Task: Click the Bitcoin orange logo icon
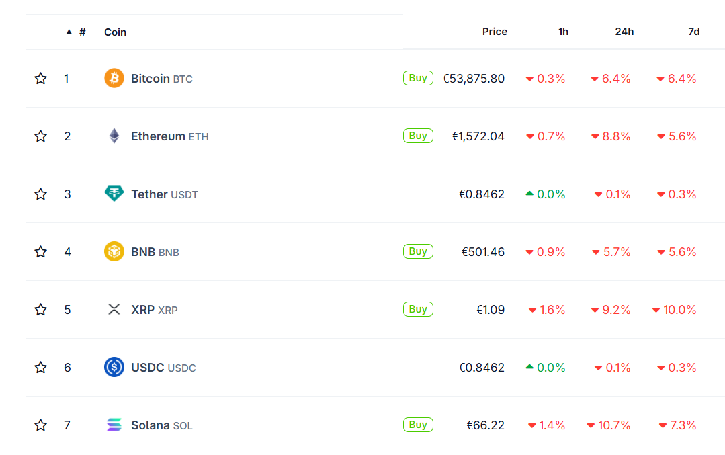coord(114,79)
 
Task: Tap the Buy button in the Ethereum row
coord(418,136)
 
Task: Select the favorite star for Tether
coord(41,194)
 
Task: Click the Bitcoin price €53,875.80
coord(474,79)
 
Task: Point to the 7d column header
coord(694,32)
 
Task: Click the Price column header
coord(495,32)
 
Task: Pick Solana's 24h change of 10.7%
coord(609,425)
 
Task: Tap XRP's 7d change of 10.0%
coord(675,310)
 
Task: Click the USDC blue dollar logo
coord(114,367)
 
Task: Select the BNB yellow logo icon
coord(114,252)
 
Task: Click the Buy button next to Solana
coord(418,425)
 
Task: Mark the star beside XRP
coord(41,310)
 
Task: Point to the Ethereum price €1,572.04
coord(478,136)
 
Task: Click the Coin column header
coord(115,32)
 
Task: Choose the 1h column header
coord(563,32)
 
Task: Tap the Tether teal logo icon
coord(114,194)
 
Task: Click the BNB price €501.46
coord(483,252)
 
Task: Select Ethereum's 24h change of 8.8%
coord(611,136)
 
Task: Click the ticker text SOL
coord(183,426)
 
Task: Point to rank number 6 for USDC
coord(67,368)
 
